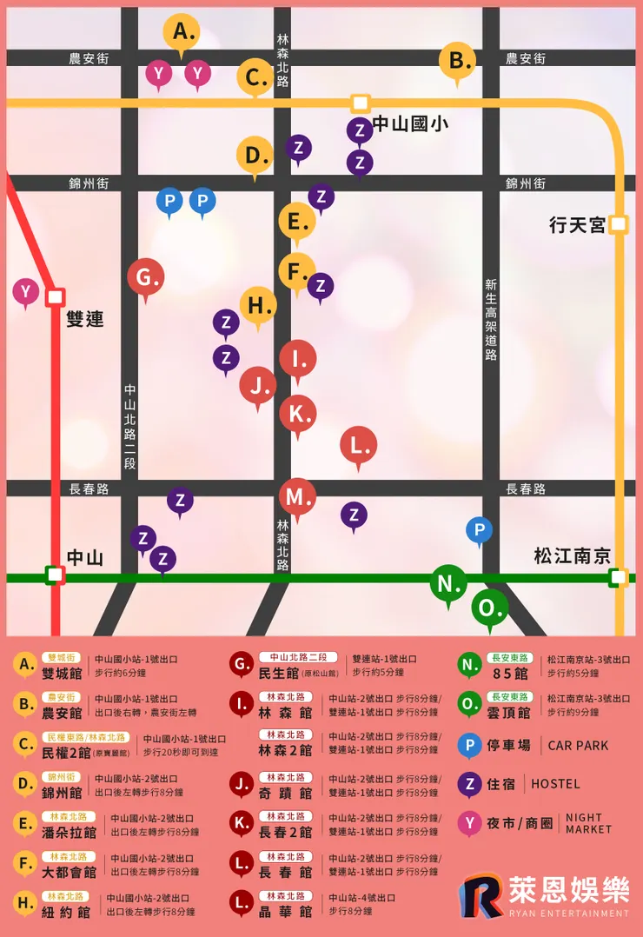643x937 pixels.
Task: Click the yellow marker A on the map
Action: coord(181,33)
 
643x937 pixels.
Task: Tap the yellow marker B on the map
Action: coord(457,61)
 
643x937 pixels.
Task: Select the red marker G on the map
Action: coord(145,278)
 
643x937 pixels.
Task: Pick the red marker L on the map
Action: coord(358,445)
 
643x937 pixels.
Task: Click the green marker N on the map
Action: coord(448,582)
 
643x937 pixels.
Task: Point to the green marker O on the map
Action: coord(489,607)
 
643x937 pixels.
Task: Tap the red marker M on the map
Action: coord(297,496)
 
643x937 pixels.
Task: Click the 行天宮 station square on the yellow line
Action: coord(618,225)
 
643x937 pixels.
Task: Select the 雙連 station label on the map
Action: coord(85,319)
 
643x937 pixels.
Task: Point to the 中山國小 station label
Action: coord(410,124)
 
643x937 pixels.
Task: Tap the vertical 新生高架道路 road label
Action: coord(491,319)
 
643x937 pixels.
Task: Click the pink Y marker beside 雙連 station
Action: coord(26,291)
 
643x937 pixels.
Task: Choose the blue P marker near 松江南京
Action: coord(479,529)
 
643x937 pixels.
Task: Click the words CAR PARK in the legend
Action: coord(578,746)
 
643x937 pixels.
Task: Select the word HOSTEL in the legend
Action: coord(555,784)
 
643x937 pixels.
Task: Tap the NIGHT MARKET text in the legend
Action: coord(588,823)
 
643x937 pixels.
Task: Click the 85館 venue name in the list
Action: coord(510,674)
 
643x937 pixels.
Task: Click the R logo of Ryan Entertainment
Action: coord(481,894)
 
